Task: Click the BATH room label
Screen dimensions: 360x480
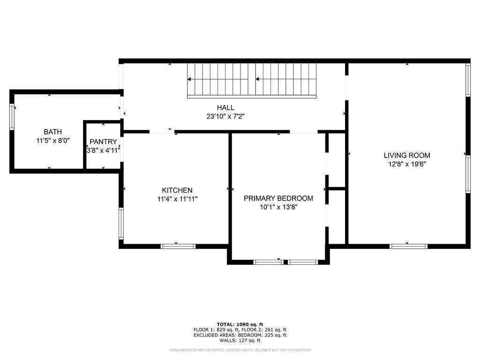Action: click(x=52, y=132)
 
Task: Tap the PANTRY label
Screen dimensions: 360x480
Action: click(x=103, y=142)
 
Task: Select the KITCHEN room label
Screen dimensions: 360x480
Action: click(x=177, y=190)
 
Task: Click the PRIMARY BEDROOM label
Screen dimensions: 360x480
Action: click(x=278, y=198)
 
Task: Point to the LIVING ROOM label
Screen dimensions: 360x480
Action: click(x=407, y=156)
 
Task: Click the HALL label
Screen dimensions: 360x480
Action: click(x=225, y=108)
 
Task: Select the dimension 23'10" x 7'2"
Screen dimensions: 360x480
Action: click(x=225, y=116)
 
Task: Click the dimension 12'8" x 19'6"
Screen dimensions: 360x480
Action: click(x=407, y=164)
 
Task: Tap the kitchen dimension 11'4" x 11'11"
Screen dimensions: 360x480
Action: click(x=177, y=199)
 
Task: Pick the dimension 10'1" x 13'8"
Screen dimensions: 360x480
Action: click(x=278, y=207)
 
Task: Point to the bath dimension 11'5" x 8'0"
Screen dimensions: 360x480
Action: click(x=52, y=141)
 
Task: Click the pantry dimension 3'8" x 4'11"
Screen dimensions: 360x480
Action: click(x=103, y=150)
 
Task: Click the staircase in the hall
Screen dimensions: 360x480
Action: click(x=252, y=80)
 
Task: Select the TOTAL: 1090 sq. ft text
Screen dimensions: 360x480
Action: click(x=240, y=324)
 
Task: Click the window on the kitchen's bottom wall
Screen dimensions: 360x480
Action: click(x=178, y=246)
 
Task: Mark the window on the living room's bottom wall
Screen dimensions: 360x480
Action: click(x=409, y=246)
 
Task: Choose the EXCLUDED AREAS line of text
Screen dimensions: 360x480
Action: click(x=240, y=335)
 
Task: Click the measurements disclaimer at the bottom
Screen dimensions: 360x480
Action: click(x=240, y=350)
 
